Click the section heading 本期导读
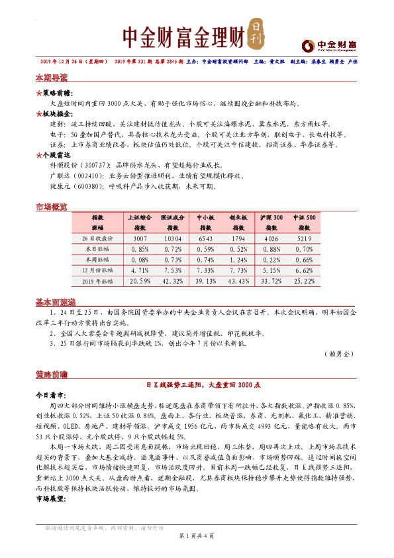[52, 78]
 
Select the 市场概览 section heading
[52, 207]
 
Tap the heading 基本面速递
[55, 302]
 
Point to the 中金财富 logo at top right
[329, 44]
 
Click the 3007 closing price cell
[139, 238]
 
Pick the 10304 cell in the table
[173, 238]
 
